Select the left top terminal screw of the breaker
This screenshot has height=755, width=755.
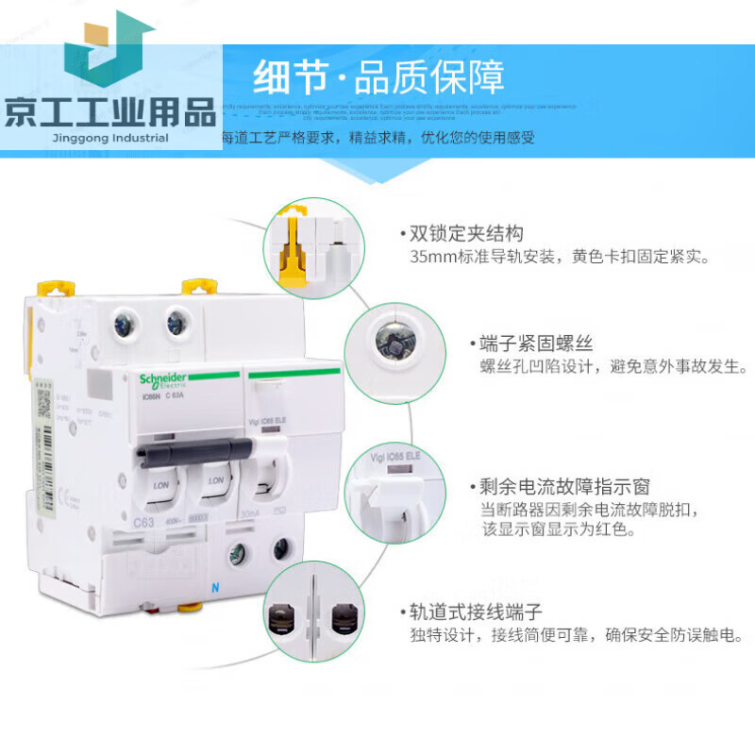click(x=124, y=324)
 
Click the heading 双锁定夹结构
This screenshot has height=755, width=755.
click(x=466, y=233)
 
